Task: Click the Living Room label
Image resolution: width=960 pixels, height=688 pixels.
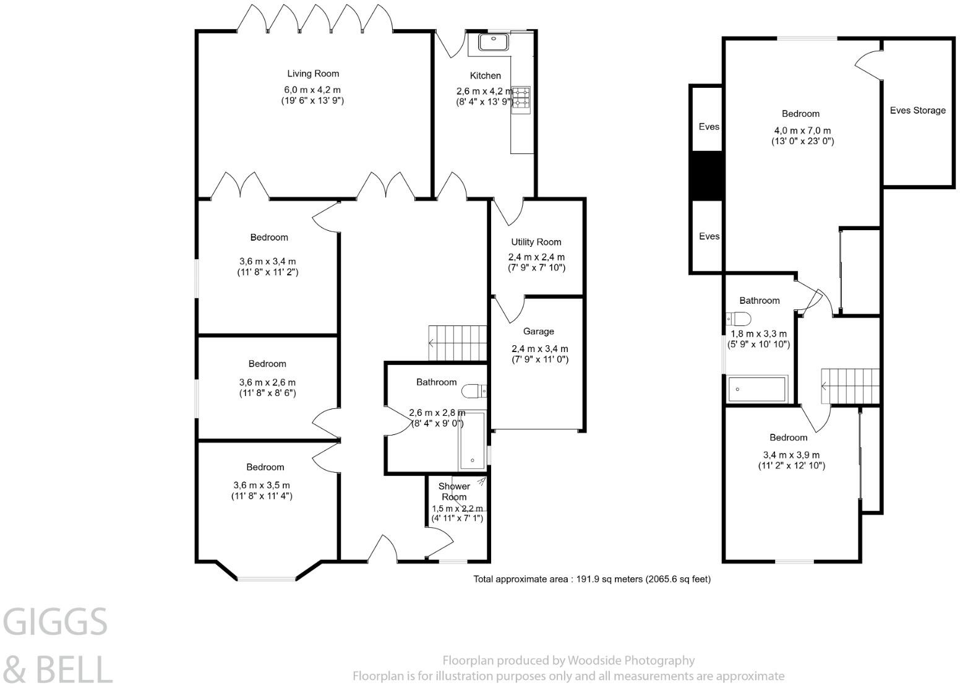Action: tap(313, 74)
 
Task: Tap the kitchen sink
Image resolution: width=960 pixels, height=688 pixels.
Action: tap(493, 42)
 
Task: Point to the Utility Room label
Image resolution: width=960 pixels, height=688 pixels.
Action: tap(536, 242)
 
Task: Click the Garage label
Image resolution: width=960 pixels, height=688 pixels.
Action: tap(538, 332)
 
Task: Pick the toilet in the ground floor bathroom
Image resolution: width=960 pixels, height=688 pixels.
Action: tap(474, 391)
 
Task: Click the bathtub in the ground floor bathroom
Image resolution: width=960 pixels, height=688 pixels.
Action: tap(472, 440)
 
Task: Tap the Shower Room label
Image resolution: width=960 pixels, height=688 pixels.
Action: tap(454, 492)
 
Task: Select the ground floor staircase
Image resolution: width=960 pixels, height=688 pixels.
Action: tap(458, 343)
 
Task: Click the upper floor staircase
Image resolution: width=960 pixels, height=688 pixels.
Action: tap(851, 386)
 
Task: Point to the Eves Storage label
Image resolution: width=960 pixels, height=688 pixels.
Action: tap(917, 111)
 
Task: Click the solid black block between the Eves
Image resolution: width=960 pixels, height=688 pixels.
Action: tap(706, 176)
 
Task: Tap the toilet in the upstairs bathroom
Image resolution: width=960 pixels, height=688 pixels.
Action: tap(739, 319)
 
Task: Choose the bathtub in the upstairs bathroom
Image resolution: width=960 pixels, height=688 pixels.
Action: tap(758, 389)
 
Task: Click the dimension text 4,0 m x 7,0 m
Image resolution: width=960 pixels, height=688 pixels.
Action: tap(802, 131)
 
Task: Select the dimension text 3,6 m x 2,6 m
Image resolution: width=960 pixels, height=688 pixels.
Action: tap(267, 382)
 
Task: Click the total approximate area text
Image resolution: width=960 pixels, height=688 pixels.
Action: tap(592, 579)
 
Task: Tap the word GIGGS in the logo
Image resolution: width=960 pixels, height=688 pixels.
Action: tap(55, 622)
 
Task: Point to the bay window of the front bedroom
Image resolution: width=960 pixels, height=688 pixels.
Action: tap(266, 578)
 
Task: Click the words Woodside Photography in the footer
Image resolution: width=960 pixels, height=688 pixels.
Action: tap(631, 661)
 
